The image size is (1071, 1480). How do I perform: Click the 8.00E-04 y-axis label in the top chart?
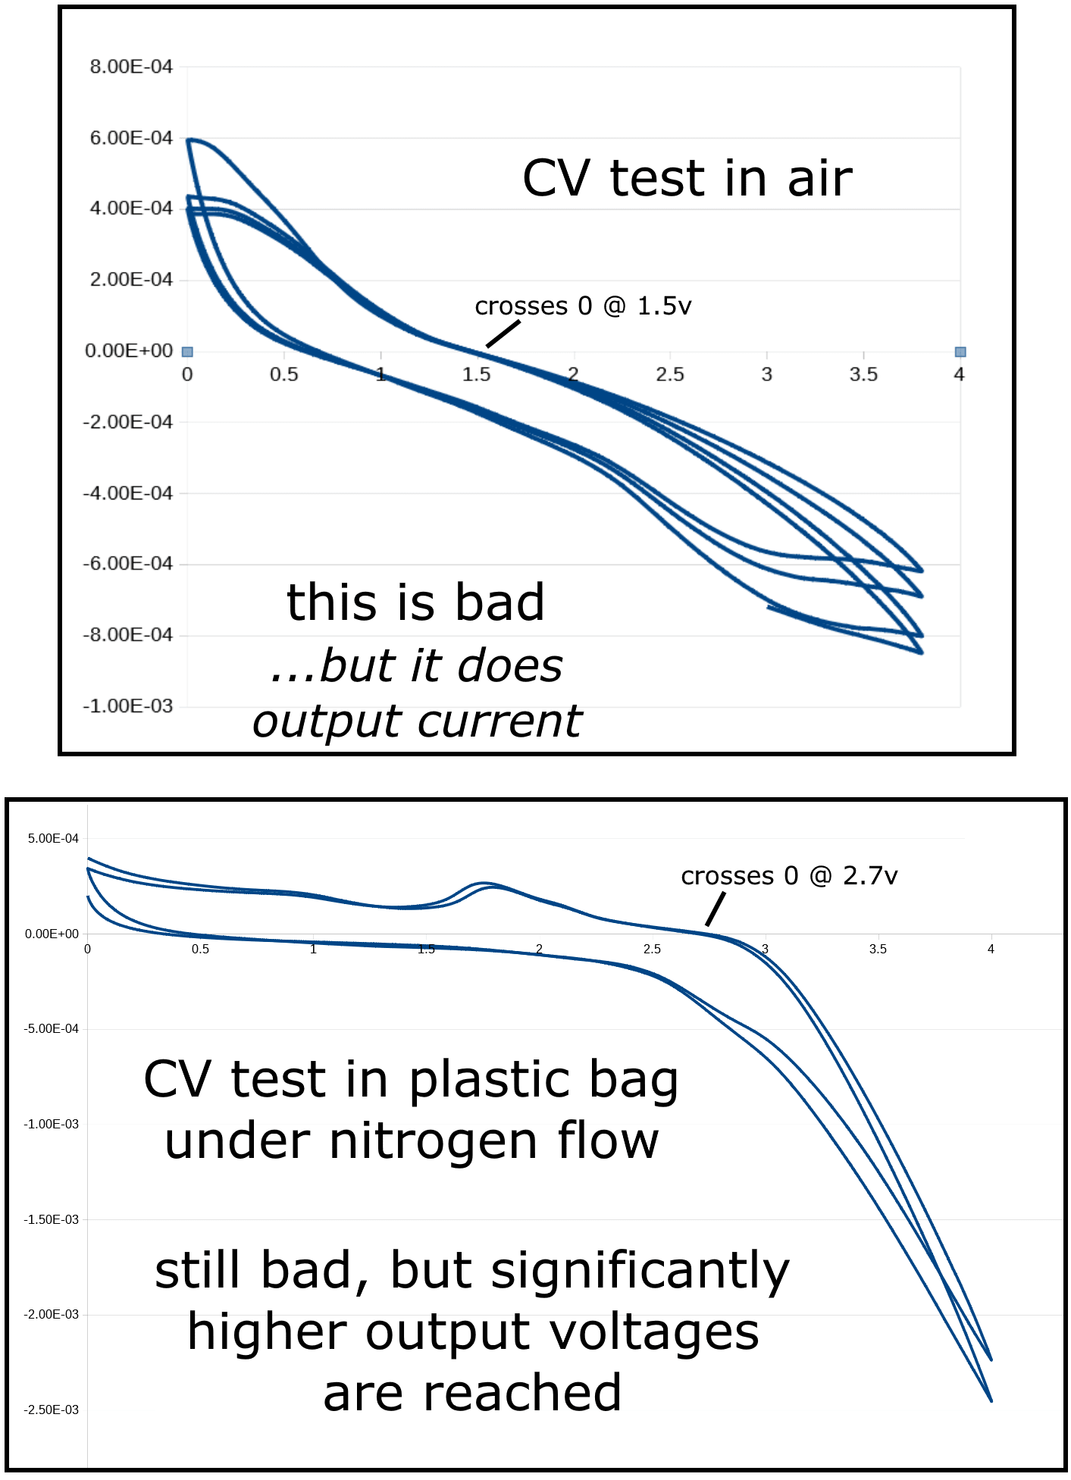click(x=131, y=67)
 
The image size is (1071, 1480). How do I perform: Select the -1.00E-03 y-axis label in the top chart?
click(x=128, y=706)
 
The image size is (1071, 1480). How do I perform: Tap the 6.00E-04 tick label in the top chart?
click(x=131, y=138)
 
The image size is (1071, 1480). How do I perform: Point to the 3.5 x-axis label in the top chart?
click(x=863, y=374)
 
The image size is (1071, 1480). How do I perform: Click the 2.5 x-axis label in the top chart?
click(x=670, y=374)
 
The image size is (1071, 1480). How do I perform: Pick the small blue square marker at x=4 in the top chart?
click(x=960, y=352)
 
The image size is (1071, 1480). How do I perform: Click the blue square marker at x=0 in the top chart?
click(x=187, y=352)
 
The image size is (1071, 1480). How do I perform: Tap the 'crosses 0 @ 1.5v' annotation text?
click(x=583, y=306)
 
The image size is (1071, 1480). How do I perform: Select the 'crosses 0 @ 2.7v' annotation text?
click(x=789, y=876)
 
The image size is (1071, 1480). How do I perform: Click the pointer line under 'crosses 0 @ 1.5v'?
click(x=503, y=334)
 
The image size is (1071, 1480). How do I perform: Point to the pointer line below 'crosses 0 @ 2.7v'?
click(x=716, y=909)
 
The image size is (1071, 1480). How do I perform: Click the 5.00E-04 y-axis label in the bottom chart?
click(x=53, y=838)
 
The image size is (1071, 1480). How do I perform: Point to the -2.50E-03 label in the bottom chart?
click(x=51, y=1410)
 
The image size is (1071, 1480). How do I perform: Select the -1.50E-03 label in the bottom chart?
click(x=51, y=1219)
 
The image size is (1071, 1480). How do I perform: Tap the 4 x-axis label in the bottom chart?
click(x=991, y=949)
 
